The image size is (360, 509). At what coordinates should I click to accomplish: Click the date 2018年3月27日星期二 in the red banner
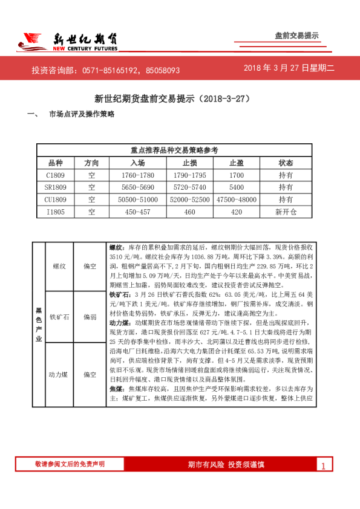(x=289, y=68)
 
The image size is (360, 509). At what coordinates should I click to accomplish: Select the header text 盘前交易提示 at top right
(x=296, y=36)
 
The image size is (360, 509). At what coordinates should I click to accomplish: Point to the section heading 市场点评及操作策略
(x=81, y=114)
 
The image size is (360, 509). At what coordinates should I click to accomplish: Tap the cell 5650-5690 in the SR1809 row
(x=137, y=187)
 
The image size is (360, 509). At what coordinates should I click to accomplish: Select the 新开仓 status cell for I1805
(x=286, y=212)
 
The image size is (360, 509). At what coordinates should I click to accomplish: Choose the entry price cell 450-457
(x=137, y=212)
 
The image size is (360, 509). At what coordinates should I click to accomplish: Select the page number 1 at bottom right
(x=324, y=465)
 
